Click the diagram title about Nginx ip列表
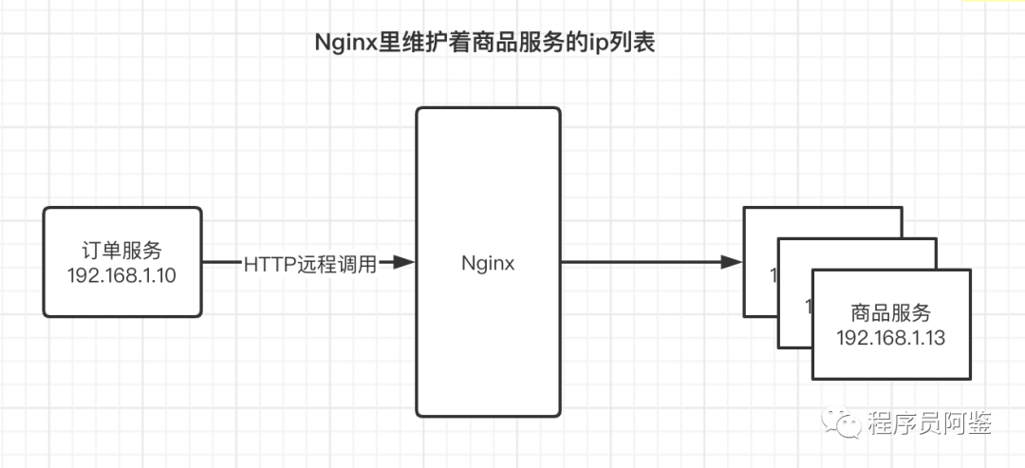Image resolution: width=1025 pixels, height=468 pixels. [485, 44]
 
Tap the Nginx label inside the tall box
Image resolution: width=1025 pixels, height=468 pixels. [488, 263]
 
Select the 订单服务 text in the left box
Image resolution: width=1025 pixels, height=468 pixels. [122, 251]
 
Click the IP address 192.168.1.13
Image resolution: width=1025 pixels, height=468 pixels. [891, 338]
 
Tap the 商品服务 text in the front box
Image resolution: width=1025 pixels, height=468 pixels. [891, 313]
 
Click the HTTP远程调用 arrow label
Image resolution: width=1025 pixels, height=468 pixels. [310, 263]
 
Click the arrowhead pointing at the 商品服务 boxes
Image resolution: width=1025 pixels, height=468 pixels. [731, 262]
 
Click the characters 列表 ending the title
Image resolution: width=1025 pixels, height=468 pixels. [633, 44]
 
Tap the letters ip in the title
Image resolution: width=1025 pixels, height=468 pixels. [600, 45]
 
